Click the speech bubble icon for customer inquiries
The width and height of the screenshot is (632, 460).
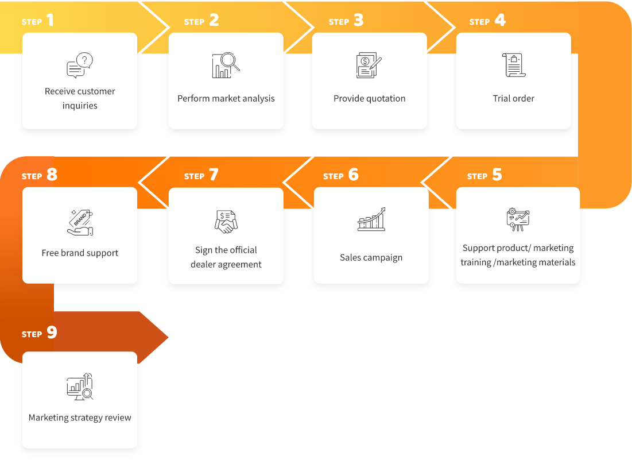80,65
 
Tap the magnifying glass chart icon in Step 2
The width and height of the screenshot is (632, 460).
226,65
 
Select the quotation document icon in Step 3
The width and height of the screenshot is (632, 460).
369,65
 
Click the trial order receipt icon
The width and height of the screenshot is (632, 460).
514,65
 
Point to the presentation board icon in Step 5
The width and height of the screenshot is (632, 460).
518,219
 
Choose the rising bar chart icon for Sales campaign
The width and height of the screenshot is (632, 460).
371,219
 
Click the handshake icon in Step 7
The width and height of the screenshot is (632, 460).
226,221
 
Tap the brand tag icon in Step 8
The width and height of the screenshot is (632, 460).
80,222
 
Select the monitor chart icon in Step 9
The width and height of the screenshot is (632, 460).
80,386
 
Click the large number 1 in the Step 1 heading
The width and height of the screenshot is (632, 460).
50,20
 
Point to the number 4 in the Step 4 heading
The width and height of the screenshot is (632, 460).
500,20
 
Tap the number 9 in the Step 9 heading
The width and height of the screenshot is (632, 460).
52,332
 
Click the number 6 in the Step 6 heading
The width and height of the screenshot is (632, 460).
354,175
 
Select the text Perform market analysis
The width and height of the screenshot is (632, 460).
226,98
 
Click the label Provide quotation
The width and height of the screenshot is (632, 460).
370,98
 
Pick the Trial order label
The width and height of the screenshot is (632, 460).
514,98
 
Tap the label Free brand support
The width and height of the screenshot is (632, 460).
80,253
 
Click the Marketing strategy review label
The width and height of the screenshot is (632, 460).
80,418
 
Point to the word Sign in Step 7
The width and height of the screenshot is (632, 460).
204,250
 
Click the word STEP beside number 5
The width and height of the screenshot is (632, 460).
477,176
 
